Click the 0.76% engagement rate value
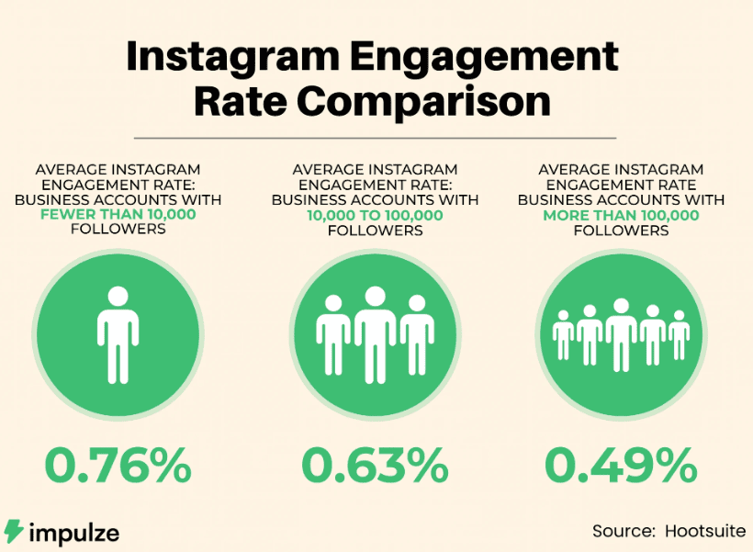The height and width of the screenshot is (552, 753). tap(117, 466)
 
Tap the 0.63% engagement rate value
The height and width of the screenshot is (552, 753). tap(375, 466)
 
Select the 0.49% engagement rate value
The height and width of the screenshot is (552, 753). tap(621, 466)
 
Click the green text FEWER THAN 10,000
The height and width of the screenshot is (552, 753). tap(118, 215)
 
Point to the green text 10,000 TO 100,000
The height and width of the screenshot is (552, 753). tap(375, 215)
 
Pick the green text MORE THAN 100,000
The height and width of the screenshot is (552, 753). tap(621, 215)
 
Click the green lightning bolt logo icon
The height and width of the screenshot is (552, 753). tap(14, 531)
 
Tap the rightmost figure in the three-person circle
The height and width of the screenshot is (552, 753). tap(416, 332)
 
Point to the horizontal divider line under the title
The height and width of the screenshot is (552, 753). tap(375, 138)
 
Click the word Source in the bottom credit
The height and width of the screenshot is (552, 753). tap(621, 531)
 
